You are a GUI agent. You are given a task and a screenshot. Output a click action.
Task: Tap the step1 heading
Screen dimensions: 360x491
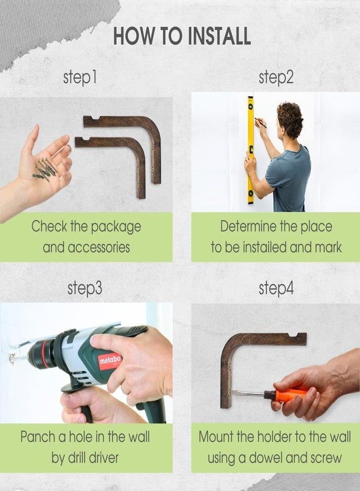pos(80,77)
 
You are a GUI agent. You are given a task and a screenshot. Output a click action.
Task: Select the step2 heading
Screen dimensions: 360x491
pos(276,77)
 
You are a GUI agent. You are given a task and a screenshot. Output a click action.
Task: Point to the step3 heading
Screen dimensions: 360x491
pos(85,288)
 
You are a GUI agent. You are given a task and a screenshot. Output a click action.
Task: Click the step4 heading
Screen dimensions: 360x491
pos(276,288)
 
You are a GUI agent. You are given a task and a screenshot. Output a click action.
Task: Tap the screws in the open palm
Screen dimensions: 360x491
pos(45,170)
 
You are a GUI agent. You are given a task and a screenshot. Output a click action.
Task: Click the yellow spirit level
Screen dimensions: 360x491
pos(250,151)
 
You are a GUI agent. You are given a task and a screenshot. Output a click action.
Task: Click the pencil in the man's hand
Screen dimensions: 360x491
pos(260,123)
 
